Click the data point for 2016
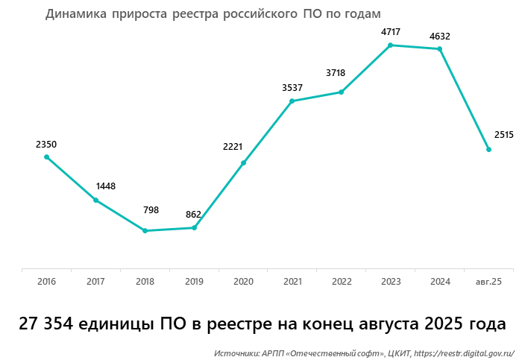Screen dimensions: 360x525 46,157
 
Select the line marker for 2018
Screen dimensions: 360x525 145,231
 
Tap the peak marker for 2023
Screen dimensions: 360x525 391,45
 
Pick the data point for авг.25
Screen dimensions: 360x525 488,150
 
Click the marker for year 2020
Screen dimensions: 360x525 243,163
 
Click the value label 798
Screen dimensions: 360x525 151,210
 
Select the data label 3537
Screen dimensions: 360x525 292,88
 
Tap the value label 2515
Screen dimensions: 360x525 503,135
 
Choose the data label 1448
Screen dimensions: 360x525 105,186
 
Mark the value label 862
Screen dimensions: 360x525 194,215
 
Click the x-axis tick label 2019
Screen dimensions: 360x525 194,282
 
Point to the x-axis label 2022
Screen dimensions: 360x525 342,282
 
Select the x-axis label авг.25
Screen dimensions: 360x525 488,282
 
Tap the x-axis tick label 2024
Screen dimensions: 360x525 440,282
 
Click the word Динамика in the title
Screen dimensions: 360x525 75,14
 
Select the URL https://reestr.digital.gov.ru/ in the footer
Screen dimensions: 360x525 464,352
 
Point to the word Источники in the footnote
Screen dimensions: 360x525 236,352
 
